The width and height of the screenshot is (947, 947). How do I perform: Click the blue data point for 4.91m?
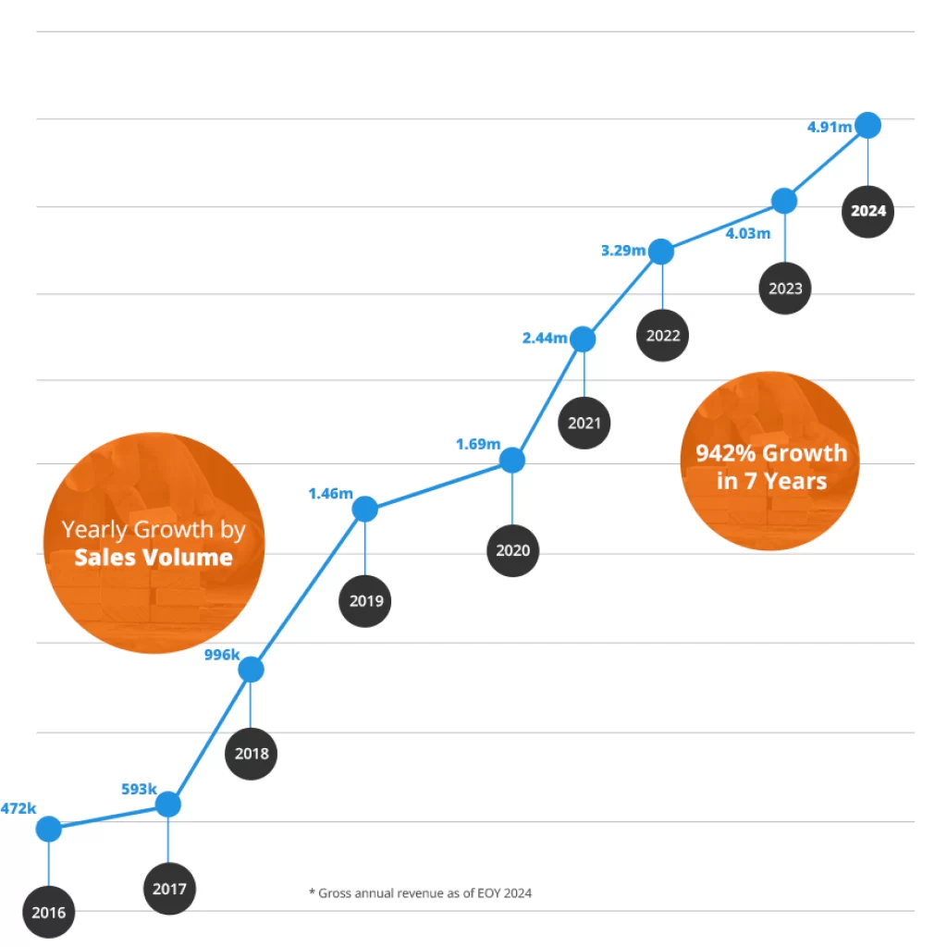867,125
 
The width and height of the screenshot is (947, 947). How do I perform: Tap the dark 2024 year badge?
867,211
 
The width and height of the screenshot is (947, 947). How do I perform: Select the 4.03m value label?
747,234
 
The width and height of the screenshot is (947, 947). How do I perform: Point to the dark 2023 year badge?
785,288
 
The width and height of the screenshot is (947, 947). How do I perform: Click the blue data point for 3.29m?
660,251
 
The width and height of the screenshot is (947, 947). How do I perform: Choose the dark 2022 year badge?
663,335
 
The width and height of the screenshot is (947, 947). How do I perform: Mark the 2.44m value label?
545,338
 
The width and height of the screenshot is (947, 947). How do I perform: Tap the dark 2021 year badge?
584,423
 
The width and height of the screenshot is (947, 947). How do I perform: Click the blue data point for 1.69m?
512,460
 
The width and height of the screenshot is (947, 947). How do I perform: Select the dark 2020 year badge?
513,550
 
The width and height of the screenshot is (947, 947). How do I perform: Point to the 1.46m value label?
330,494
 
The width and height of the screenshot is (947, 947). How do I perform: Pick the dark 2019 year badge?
365,600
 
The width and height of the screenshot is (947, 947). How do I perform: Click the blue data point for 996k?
251,669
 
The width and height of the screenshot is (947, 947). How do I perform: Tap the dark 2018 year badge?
252,753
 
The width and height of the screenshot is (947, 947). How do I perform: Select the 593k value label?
139,790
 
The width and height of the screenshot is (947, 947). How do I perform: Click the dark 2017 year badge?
170,889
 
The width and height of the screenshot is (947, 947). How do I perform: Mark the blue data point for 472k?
49,830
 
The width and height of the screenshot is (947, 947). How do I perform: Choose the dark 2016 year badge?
48,913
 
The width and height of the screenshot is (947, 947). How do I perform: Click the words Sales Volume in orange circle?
154,557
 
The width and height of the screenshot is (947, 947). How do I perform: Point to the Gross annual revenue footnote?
420,893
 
